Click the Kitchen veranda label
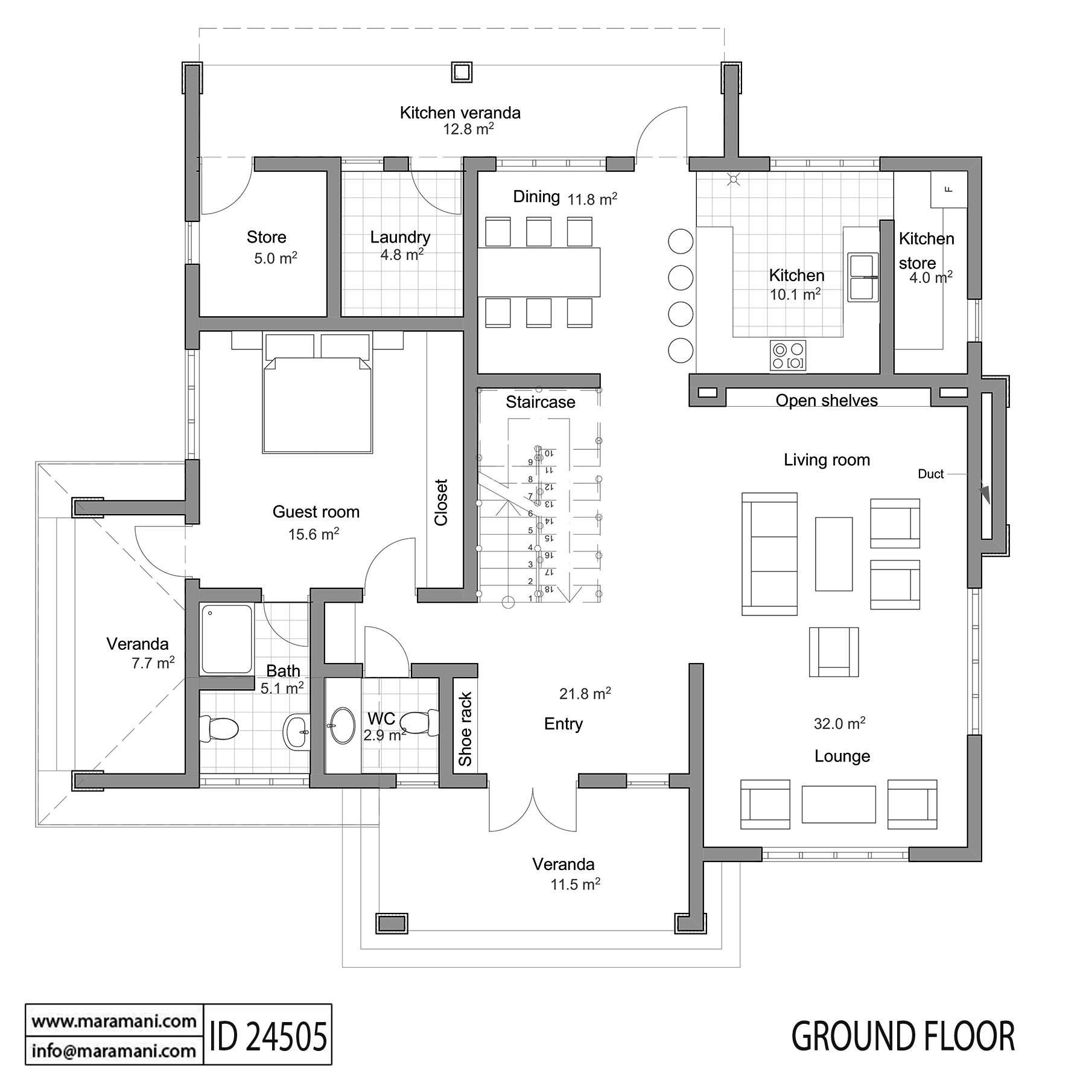460,113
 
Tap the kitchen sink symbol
862,277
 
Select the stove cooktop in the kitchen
788,355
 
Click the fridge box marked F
948,189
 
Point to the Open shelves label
826,401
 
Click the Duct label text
930,474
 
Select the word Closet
441,502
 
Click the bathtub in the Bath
226,639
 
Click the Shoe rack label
465,729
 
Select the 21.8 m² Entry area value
585,694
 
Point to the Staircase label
540,402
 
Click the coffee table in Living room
834,553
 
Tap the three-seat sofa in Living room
769,554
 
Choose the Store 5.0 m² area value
275,259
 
